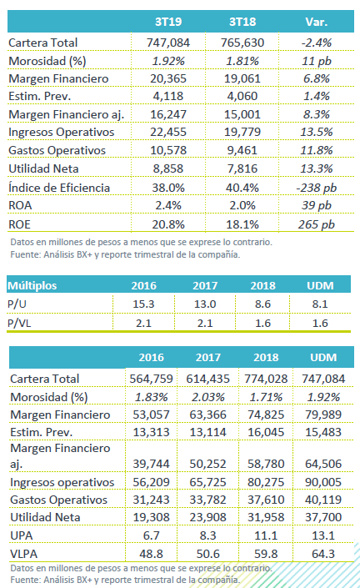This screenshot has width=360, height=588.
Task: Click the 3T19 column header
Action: click(168, 22)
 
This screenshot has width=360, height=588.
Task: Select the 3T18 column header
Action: click(242, 22)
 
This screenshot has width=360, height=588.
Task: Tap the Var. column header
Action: click(317, 22)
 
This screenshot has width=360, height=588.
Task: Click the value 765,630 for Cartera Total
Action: click(242, 43)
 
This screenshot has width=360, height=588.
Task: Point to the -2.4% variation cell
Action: click(317, 43)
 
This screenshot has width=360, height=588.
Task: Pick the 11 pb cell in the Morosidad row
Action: click(317, 61)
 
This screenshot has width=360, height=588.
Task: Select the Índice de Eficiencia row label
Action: click(59, 188)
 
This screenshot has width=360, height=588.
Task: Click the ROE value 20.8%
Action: click(168, 224)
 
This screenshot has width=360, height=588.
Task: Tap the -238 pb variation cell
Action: click(317, 188)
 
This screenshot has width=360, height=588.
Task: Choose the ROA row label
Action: click(20, 205)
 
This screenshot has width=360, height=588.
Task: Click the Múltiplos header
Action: click(32, 286)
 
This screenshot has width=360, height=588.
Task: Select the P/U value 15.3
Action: click(143, 304)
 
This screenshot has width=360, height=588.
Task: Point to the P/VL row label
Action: click(19, 323)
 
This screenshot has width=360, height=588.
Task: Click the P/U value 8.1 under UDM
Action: click(320, 304)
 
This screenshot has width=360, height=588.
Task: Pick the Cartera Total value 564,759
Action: click(151, 379)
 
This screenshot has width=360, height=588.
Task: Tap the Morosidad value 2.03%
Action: click(207, 397)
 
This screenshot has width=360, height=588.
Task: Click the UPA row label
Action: click(22, 535)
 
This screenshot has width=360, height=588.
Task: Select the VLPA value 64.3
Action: click(323, 554)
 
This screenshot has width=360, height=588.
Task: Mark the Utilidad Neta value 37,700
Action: click(323, 517)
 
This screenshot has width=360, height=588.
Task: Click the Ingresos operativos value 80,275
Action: click(266, 482)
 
